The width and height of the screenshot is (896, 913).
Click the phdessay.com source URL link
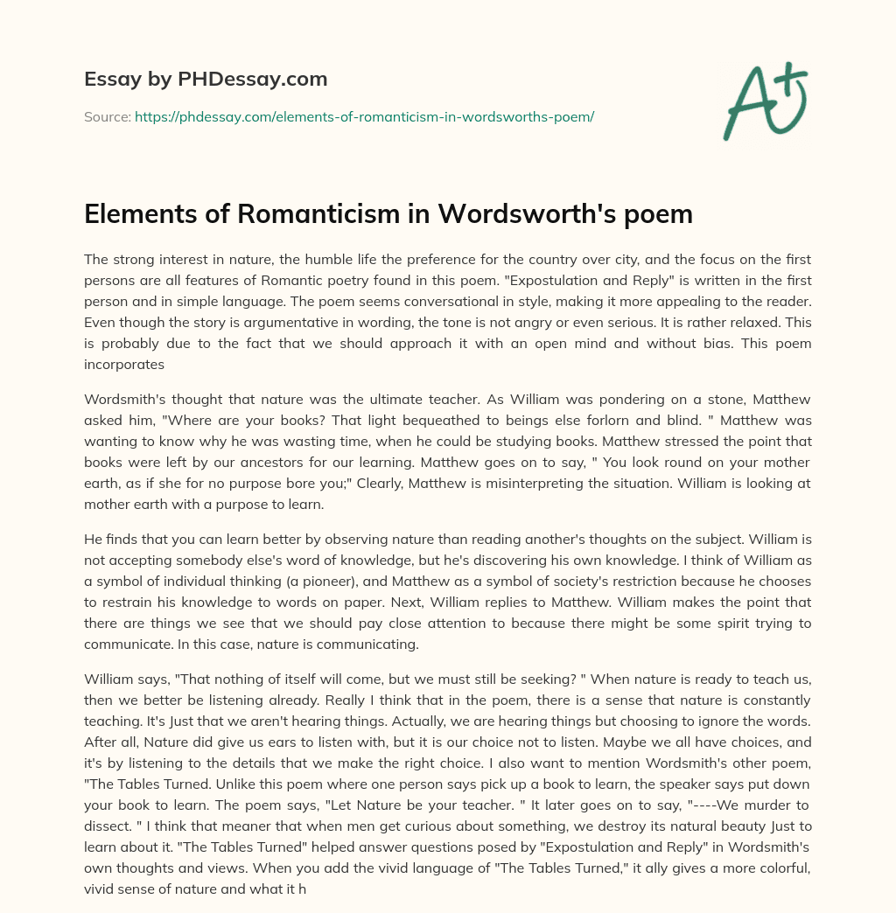364,116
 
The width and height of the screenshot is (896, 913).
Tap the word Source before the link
106,116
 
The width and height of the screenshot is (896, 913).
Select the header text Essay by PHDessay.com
206,80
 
